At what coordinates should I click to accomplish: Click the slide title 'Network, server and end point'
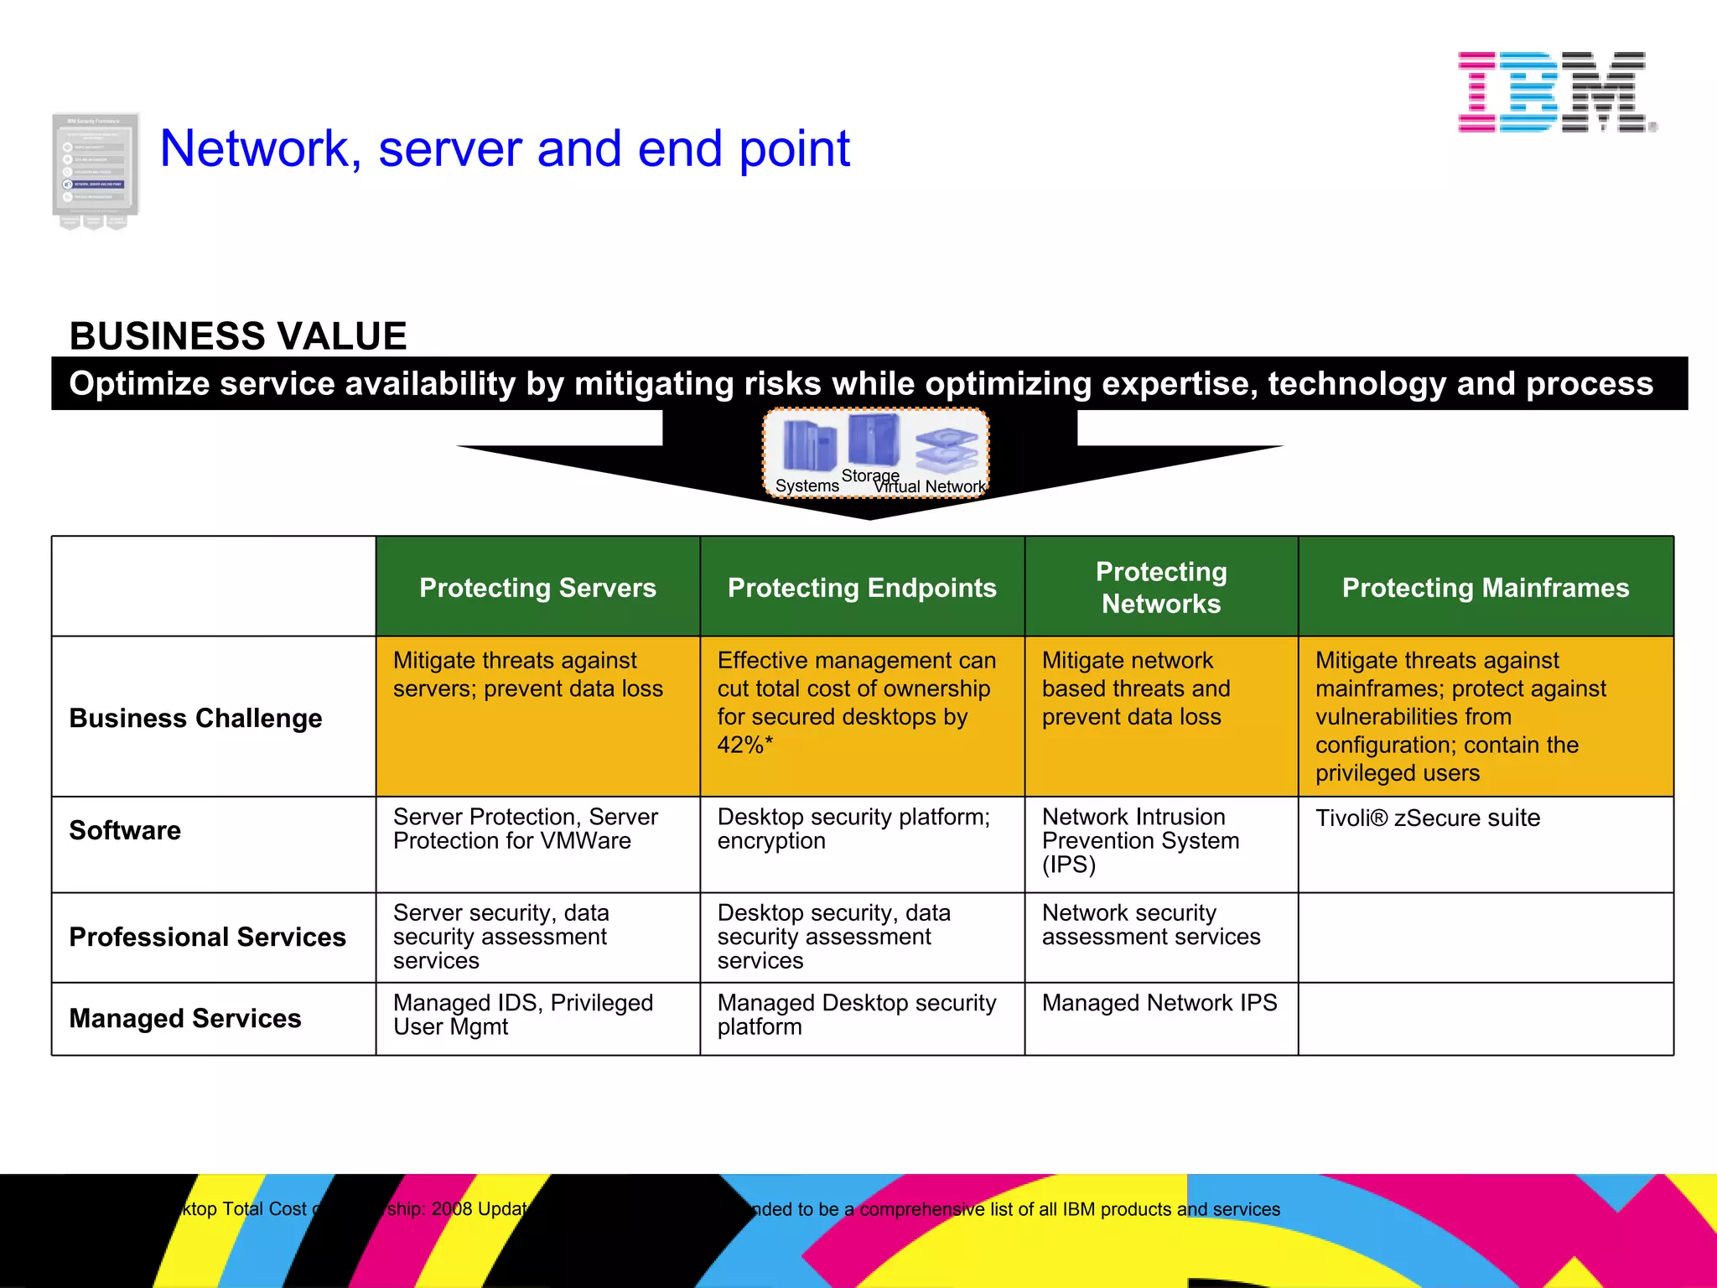(x=505, y=148)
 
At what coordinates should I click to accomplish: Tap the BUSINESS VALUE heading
(x=238, y=336)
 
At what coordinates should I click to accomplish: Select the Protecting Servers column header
(x=537, y=588)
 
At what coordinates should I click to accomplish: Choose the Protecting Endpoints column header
(x=862, y=588)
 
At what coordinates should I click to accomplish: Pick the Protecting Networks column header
(x=1161, y=587)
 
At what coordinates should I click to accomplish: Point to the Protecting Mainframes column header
(x=1486, y=588)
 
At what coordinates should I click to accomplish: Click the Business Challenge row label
(x=195, y=719)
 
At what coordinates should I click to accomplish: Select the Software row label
(x=125, y=830)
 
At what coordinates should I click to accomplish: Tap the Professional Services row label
(x=207, y=937)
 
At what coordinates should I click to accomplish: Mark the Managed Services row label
(x=185, y=1018)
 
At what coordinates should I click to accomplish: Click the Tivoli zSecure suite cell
(x=1428, y=818)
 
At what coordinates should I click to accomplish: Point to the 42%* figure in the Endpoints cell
(x=745, y=745)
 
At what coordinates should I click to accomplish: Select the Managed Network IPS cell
(x=1159, y=1003)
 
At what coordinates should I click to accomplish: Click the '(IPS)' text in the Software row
(x=1069, y=865)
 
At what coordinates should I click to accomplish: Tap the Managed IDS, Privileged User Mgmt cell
(x=522, y=1015)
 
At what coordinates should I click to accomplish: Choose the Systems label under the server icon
(x=807, y=486)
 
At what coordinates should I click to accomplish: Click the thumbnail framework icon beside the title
(x=95, y=170)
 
